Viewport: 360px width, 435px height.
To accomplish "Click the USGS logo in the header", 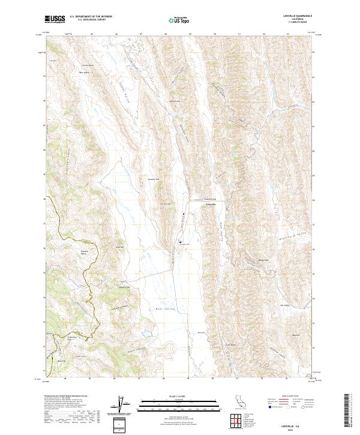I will coord(55,19).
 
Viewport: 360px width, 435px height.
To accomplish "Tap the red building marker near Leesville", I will coord(184,213).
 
